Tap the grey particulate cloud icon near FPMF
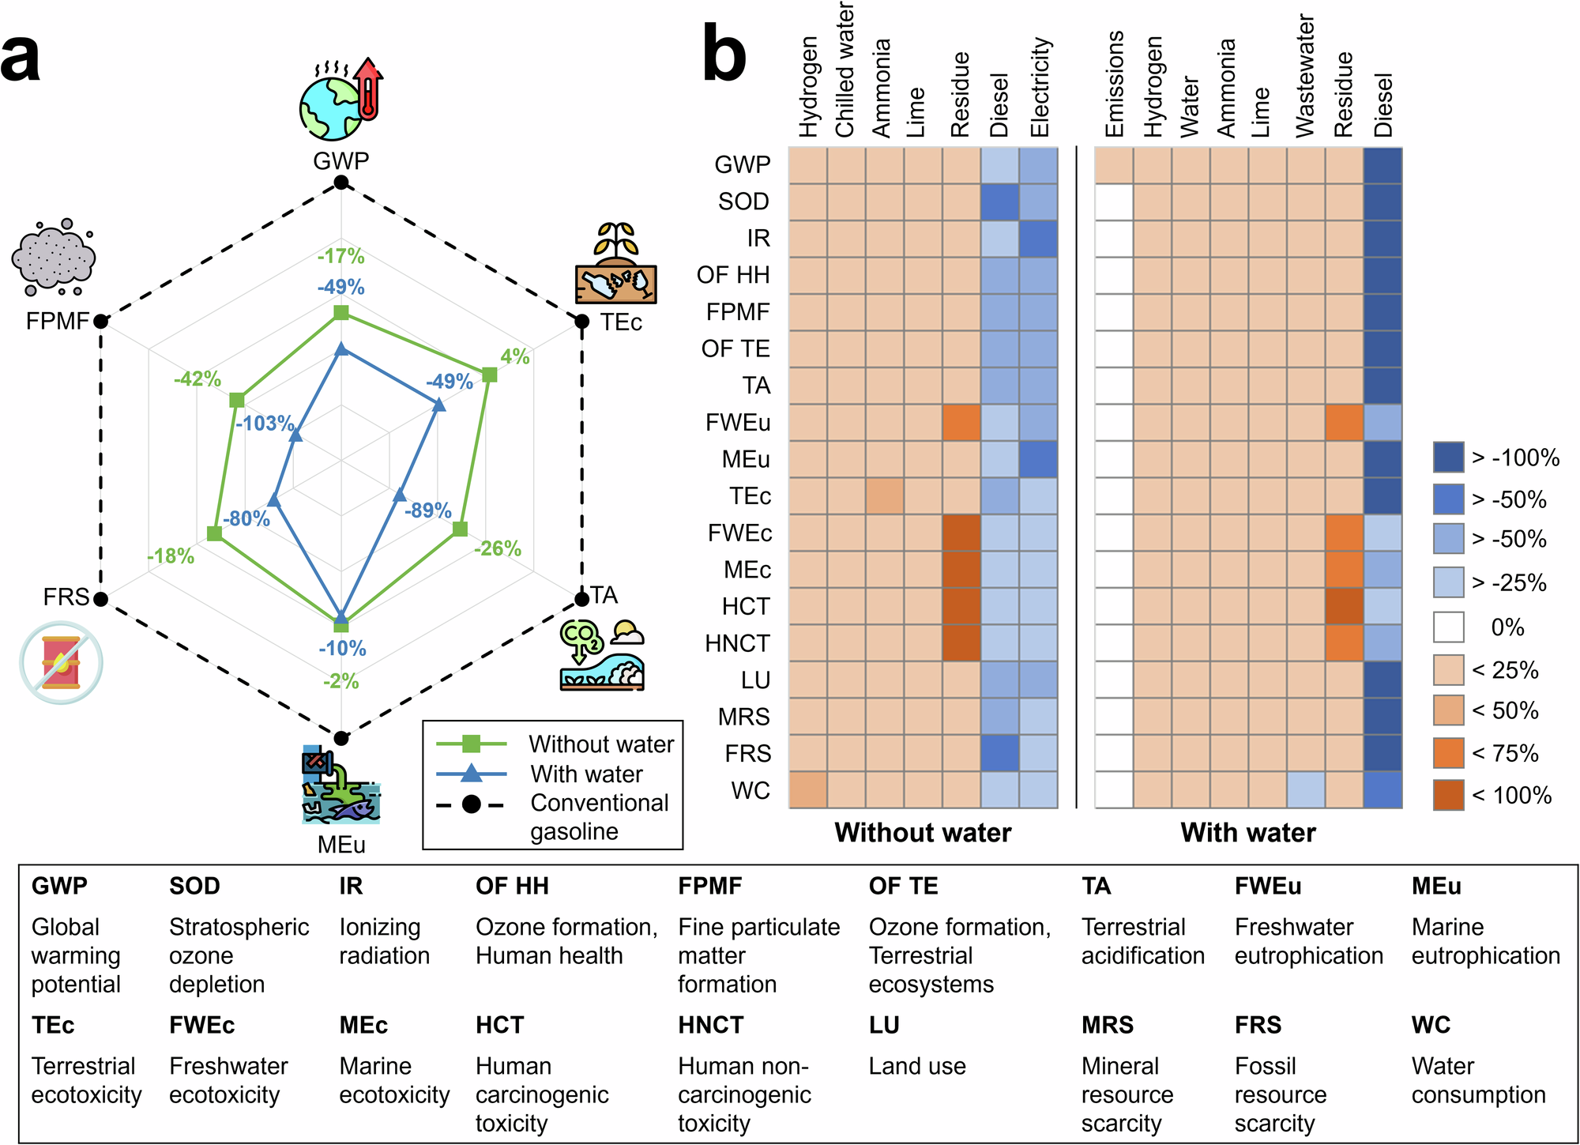coord(54,258)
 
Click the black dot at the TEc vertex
coord(581,322)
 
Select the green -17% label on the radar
coord(341,256)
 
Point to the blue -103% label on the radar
coord(265,424)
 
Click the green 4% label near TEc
coord(514,356)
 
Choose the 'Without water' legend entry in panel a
coord(600,744)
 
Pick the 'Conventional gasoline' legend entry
coord(599,817)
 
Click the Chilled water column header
coord(845,71)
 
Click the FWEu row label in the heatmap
coord(738,423)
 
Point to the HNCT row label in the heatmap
coord(737,643)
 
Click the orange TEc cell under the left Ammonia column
coord(885,496)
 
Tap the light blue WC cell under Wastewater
coord(1306,790)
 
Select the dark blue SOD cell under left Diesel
coord(1000,202)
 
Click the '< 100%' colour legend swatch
coord(1448,795)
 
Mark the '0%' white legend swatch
coord(1448,627)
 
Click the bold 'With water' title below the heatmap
coord(1247,833)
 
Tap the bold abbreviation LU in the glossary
coord(884,1025)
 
